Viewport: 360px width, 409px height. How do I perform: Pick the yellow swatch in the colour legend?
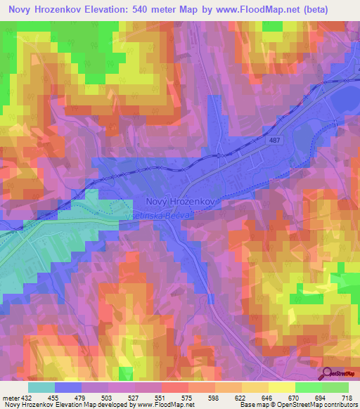pyautogui.click(x=281, y=387)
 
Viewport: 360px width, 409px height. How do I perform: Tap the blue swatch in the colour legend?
pyautogui.click(x=67, y=387)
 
